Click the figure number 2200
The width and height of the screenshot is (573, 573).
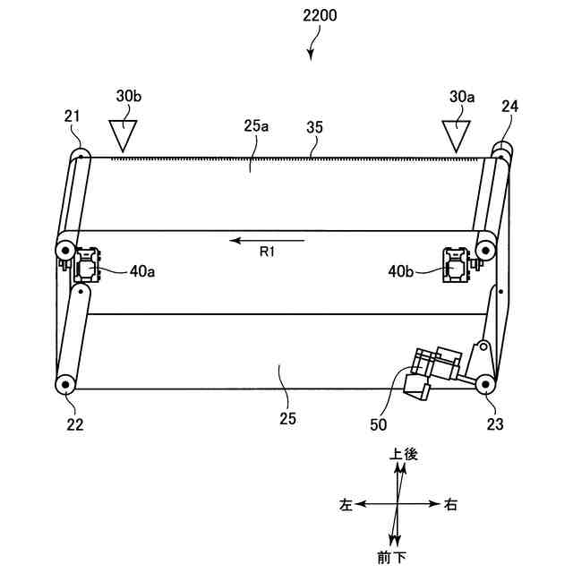click(x=311, y=17)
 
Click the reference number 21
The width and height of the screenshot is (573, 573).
click(x=73, y=115)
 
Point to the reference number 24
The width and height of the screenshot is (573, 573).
click(x=509, y=106)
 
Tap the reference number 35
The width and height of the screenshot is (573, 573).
click(x=314, y=127)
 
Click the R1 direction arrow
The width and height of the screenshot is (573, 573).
click(x=266, y=240)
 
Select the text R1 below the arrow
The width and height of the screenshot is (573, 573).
click(x=267, y=253)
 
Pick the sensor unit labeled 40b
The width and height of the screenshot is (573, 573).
click(x=454, y=265)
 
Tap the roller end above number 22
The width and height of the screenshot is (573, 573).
click(x=65, y=384)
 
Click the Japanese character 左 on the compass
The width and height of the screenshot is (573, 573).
click(x=346, y=505)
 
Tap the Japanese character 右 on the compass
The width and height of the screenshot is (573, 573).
click(x=450, y=505)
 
